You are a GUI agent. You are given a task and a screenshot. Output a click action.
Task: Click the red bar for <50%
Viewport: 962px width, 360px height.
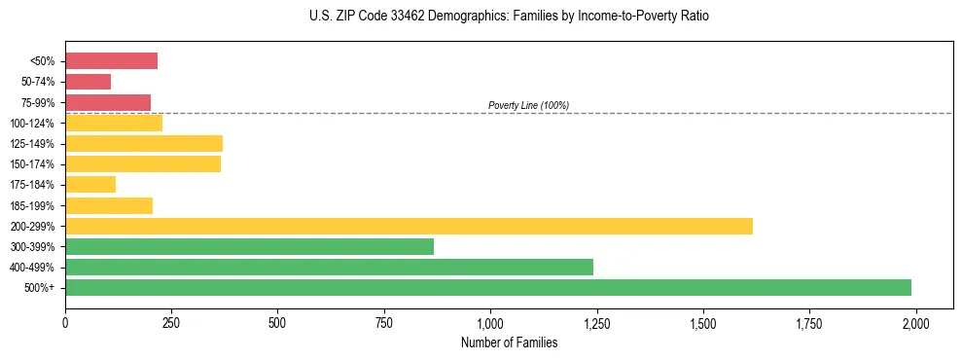[111, 61]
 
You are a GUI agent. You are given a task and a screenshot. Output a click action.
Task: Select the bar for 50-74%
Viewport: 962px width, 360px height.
[88, 82]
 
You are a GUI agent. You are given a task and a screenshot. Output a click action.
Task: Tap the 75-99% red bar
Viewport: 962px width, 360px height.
[108, 102]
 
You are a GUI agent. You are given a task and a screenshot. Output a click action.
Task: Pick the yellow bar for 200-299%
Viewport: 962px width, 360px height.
[409, 226]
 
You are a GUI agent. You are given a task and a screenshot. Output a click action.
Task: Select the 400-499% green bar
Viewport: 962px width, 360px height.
[329, 267]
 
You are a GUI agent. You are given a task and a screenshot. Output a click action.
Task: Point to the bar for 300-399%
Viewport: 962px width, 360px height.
[249, 246]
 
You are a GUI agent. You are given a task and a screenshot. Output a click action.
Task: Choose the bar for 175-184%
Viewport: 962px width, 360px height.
[90, 184]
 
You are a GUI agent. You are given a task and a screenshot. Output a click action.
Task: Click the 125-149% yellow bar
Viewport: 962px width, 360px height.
[144, 143]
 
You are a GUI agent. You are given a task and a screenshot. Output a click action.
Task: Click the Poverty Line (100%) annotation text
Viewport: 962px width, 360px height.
[528, 105]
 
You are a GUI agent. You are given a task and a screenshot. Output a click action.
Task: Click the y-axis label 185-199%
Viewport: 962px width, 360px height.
[32, 205]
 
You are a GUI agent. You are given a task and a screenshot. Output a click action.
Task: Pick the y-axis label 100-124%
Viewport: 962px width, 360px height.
[32, 123]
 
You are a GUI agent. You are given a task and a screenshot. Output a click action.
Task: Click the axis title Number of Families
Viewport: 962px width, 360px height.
[509, 342]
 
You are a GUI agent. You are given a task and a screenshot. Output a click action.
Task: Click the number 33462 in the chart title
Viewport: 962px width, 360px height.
[384, 17]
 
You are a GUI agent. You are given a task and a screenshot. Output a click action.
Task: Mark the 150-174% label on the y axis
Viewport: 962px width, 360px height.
[32, 164]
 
